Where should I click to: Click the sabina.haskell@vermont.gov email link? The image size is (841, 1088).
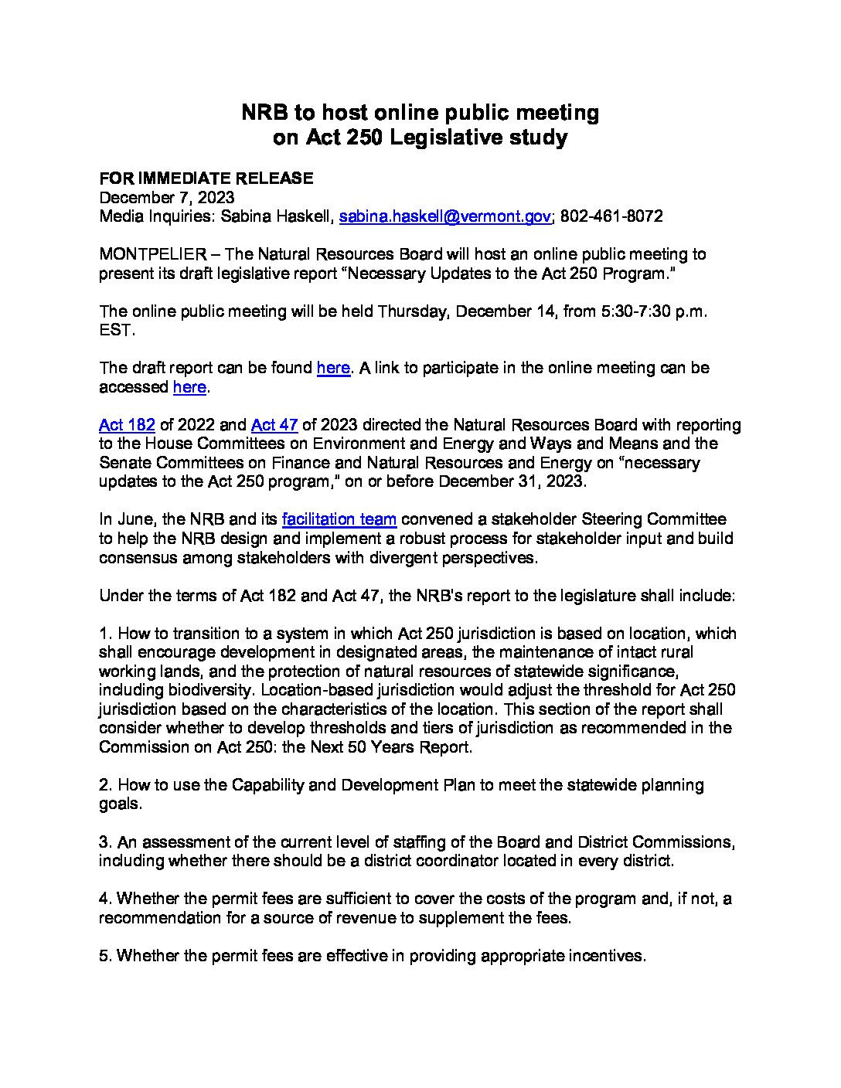(x=444, y=216)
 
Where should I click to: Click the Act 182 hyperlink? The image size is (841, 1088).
(x=127, y=425)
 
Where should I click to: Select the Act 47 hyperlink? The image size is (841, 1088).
(x=274, y=425)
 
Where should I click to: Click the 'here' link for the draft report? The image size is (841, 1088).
(x=333, y=368)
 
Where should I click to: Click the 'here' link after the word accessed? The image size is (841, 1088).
(x=189, y=387)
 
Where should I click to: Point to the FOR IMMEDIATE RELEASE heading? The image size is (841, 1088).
(x=206, y=178)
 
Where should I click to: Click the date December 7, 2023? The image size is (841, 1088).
(x=167, y=198)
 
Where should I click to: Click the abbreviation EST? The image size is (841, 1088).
(x=116, y=330)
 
